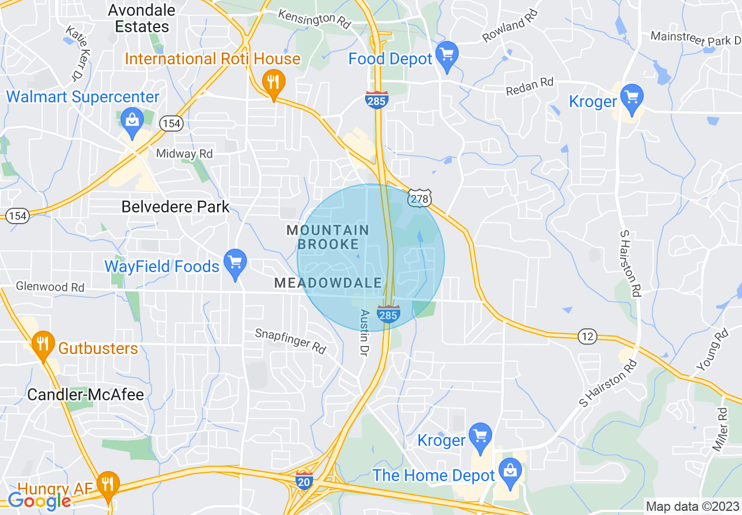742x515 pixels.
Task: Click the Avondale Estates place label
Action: pos(142,19)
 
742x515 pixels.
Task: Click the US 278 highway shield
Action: pos(420,199)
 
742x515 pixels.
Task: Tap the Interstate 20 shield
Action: pos(304,479)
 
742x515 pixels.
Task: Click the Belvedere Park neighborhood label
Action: pos(176,207)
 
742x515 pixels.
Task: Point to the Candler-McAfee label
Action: pos(85,394)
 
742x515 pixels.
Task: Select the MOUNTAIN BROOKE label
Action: pos(328,237)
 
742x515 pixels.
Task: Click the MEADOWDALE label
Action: pos(328,283)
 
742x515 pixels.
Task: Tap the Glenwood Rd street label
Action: pos(50,287)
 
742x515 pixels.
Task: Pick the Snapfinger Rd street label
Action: pos(290,341)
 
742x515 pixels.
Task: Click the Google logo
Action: pos(39,500)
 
